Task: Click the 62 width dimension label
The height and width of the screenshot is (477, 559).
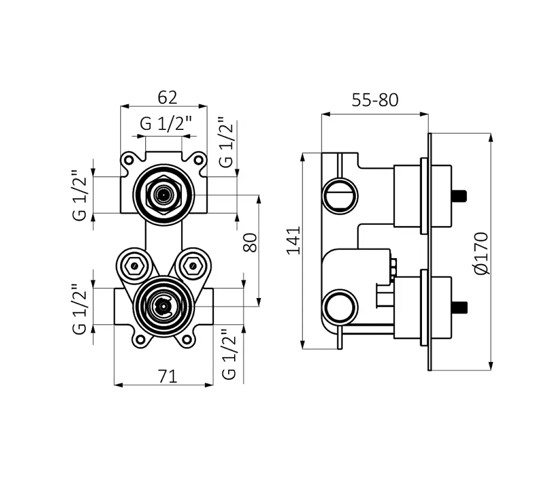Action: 167,97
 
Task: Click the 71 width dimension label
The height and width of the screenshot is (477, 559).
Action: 167,376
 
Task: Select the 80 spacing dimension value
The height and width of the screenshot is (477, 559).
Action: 250,242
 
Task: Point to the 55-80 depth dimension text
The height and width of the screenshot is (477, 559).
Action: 374,100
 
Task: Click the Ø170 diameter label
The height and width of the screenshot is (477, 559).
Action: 481,253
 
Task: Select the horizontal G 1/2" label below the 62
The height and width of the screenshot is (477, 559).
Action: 166,123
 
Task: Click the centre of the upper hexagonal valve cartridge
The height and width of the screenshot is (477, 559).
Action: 163,195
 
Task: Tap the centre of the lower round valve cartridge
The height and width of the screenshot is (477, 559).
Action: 163,306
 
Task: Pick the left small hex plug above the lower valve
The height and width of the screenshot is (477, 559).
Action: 134,266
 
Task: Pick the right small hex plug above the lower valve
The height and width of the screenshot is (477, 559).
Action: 193,266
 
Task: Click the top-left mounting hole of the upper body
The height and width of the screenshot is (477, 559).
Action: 129,159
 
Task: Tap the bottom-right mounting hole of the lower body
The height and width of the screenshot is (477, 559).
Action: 187,339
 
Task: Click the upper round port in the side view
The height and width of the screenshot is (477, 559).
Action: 340,196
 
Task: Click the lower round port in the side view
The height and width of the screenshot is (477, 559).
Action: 340,307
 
